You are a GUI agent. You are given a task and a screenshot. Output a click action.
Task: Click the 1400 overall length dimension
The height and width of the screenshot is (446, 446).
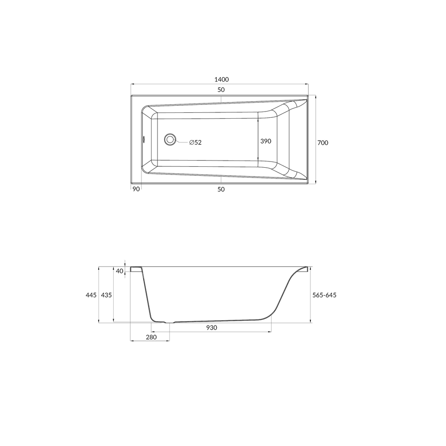click(221, 79)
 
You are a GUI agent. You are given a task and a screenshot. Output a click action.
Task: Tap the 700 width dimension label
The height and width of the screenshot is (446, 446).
click(322, 143)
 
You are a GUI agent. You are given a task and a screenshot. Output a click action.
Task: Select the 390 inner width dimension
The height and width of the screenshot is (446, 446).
click(266, 141)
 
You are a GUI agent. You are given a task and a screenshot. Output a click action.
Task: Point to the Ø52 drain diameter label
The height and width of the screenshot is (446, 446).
click(195, 142)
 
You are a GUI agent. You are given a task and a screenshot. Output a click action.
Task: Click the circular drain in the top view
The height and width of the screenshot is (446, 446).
click(170, 139)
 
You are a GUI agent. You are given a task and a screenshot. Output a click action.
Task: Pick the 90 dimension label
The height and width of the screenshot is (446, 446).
click(136, 189)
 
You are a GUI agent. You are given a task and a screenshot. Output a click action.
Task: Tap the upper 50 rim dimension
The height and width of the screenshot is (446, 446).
click(221, 90)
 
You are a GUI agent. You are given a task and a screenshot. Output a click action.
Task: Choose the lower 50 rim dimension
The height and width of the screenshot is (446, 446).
click(221, 189)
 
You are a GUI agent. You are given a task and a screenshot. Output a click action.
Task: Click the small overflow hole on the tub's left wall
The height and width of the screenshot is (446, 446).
click(144, 139)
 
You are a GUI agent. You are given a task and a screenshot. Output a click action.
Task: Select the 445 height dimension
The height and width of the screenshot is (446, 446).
click(91, 295)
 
